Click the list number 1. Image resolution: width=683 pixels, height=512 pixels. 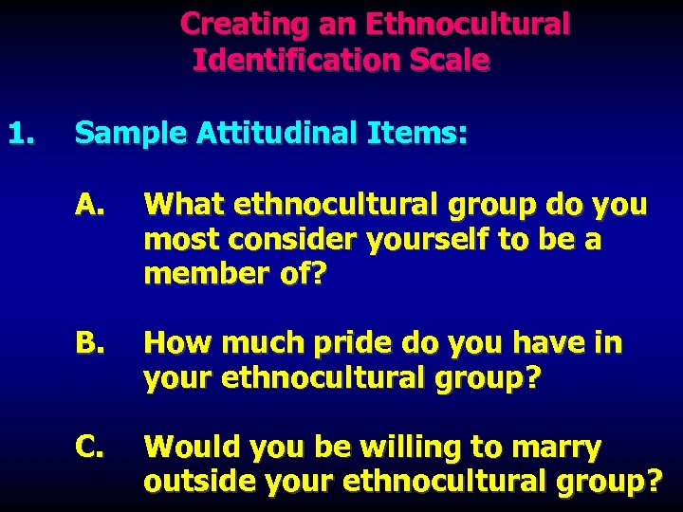(x=22, y=134)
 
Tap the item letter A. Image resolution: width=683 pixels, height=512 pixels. (x=89, y=204)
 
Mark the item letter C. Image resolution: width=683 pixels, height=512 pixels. (x=89, y=445)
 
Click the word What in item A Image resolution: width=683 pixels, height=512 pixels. (x=183, y=204)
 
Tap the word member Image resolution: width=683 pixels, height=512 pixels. (x=201, y=274)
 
